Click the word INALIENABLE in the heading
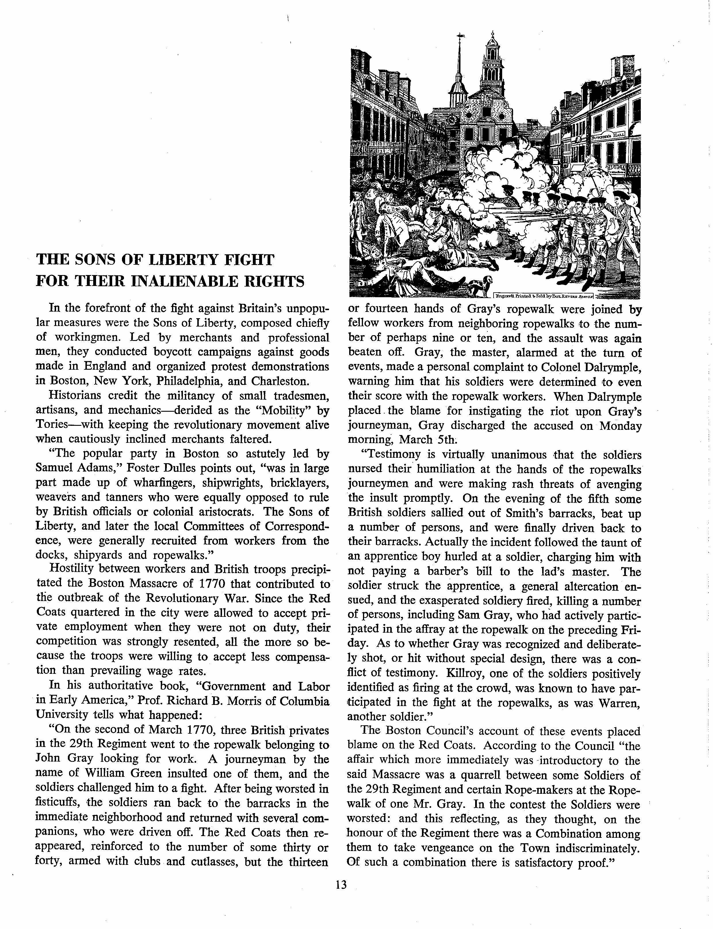pyautogui.click(x=183, y=281)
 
